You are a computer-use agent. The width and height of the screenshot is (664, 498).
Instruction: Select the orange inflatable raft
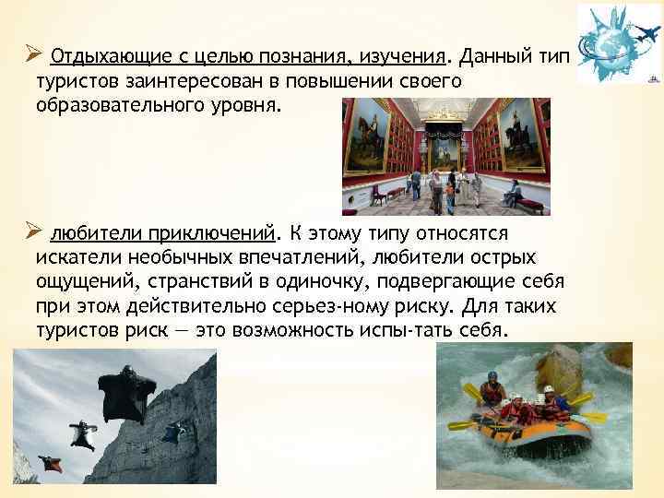point(529,433)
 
